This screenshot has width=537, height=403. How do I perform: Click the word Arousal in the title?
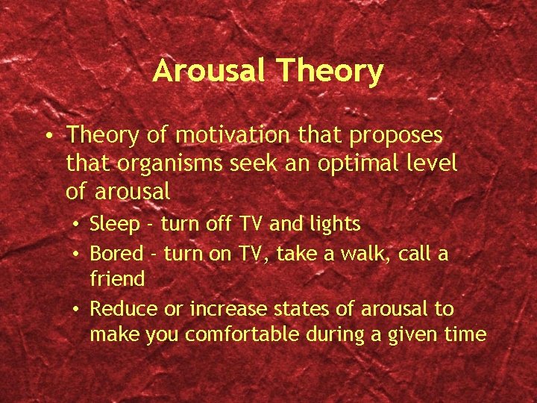(210, 72)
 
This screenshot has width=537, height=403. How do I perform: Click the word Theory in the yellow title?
(330, 72)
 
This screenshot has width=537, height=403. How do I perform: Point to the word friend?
(117, 279)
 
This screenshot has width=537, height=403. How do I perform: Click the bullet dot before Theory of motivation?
(47, 137)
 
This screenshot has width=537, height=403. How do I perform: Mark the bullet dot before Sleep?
(77, 225)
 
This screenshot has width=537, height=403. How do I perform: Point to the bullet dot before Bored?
(77, 254)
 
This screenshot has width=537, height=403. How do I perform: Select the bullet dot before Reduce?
(77, 310)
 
